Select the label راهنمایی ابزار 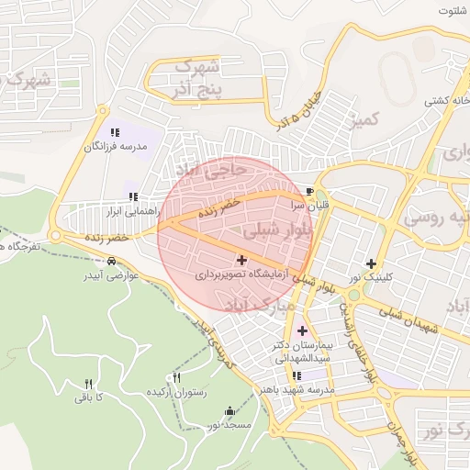pyautogui.click(x=132, y=210)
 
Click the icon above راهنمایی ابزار pyautogui.click(x=133, y=196)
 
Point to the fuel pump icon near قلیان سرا pyautogui.click(x=309, y=192)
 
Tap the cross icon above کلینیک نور pyautogui.click(x=371, y=263)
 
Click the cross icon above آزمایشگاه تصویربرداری pyautogui.click(x=241, y=262)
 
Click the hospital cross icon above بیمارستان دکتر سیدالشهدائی pyautogui.click(x=302, y=330)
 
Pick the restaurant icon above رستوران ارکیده pyautogui.click(x=177, y=377)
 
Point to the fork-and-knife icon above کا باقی pyautogui.click(x=89, y=384)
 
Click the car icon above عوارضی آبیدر pyautogui.click(x=112, y=262)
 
